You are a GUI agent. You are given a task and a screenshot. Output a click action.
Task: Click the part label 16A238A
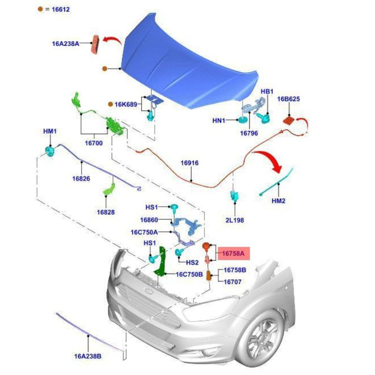pyautogui.click(x=65, y=44)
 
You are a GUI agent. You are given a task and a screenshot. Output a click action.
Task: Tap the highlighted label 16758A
pyautogui.click(x=233, y=254)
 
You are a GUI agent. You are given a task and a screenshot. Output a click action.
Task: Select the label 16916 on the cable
pyautogui.click(x=190, y=163)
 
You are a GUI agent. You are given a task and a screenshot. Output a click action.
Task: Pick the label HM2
pyautogui.click(x=278, y=201)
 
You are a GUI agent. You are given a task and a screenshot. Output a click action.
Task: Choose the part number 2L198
pyautogui.click(x=234, y=219)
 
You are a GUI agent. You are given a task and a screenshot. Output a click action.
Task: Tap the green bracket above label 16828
pyautogui.click(x=109, y=190)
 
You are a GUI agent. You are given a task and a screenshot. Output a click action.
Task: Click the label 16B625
pyautogui.click(x=288, y=99)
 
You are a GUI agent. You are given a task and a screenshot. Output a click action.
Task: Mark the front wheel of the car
pyautogui.click(x=261, y=340)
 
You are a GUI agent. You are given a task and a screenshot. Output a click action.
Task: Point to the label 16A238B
pyautogui.click(x=88, y=356)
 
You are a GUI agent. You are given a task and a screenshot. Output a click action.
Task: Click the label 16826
pyautogui.click(x=81, y=179)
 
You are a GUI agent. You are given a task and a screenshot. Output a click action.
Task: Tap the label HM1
pyautogui.click(x=50, y=132)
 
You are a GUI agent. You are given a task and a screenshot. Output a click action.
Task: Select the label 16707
pyautogui.click(x=232, y=282)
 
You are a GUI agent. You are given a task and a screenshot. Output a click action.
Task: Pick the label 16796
pyautogui.click(x=249, y=133)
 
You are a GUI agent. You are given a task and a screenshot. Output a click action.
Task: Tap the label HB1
pyautogui.click(x=267, y=91)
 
